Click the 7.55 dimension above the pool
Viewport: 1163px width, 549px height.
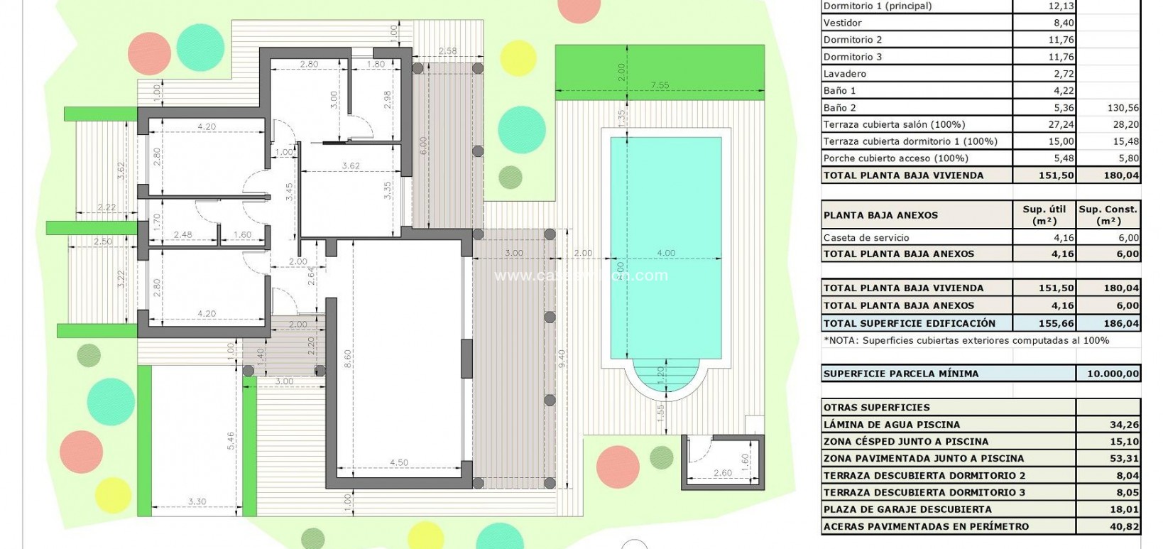pyautogui.click(x=660, y=85)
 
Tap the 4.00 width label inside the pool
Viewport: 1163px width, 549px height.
pyautogui.click(x=665, y=253)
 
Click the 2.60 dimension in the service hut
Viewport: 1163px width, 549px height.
pyautogui.click(x=721, y=473)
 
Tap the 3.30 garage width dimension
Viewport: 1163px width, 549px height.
pyautogui.click(x=197, y=502)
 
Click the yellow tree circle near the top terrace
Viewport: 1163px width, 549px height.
pyautogui.click(x=518, y=58)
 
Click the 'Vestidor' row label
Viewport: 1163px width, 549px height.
pyautogui.click(x=842, y=23)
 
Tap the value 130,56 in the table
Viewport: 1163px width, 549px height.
pyautogui.click(x=1123, y=108)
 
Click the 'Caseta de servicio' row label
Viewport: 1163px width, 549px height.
pyautogui.click(x=866, y=238)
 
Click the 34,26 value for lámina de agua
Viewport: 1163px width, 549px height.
pyautogui.click(x=1125, y=425)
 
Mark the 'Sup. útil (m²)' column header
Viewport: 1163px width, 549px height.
pyautogui.click(x=1044, y=214)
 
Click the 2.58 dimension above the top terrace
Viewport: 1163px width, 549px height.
pyautogui.click(x=447, y=50)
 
